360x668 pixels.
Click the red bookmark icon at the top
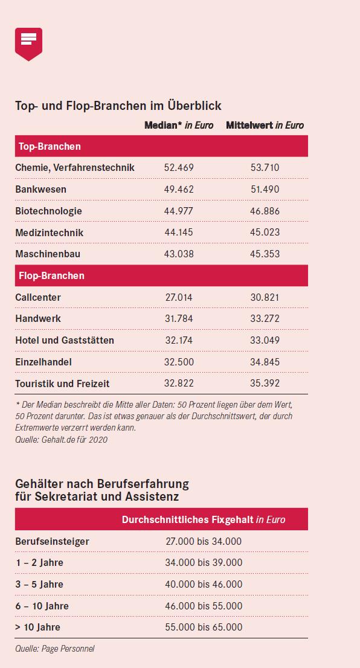(28, 44)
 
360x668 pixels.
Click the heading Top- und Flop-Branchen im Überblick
(118, 105)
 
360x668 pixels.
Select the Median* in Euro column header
(179, 125)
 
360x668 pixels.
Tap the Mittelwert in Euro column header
(265, 125)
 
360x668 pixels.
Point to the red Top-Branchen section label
(50, 147)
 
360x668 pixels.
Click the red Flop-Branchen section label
(51, 275)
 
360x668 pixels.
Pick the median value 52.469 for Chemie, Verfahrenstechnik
(179, 167)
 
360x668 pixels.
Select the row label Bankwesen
(41, 189)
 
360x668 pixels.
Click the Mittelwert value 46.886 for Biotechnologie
(265, 211)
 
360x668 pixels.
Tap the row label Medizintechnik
(50, 233)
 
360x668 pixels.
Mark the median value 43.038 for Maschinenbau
(179, 254)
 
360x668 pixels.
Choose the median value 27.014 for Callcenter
(179, 297)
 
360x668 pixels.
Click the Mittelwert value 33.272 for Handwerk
(265, 318)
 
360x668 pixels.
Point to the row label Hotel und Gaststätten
(65, 341)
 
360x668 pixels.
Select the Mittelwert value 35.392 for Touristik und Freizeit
(265, 383)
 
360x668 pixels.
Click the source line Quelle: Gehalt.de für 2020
(62, 440)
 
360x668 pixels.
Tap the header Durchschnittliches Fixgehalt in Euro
(204, 520)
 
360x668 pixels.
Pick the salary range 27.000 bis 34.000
(204, 542)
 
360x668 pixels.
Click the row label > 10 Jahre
(38, 627)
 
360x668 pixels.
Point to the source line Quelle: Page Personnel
(55, 649)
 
